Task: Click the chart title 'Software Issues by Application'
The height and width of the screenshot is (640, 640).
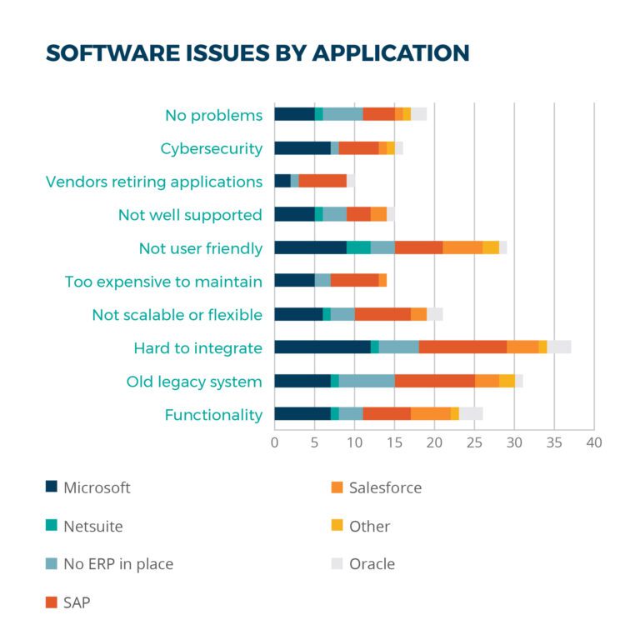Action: click(257, 52)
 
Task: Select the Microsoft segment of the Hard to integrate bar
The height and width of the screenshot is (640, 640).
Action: click(322, 347)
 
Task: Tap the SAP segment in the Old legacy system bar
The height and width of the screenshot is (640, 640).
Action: click(435, 381)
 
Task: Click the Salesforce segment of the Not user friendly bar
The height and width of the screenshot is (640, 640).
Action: click(462, 247)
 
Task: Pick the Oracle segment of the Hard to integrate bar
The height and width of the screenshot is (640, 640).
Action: click(559, 347)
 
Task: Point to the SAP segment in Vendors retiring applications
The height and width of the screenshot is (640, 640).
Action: click(322, 181)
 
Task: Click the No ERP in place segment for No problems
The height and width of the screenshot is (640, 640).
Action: click(342, 114)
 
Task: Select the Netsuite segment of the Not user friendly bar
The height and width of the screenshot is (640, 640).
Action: click(358, 247)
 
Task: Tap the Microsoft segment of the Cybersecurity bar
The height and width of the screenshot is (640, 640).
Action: click(302, 147)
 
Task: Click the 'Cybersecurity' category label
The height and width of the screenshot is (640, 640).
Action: click(211, 148)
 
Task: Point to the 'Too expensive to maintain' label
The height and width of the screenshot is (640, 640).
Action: click(163, 282)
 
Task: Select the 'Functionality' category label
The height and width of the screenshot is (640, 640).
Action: click(213, 415)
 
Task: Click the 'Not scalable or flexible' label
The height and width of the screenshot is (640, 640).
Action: click(177, 315)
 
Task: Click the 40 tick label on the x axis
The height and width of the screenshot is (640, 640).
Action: click(593, 442)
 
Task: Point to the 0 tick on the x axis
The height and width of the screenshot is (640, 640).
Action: click(275, 442)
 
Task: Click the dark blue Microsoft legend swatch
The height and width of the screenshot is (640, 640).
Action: click(52, 487)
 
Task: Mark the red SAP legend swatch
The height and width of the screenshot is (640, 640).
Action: click(52, 602)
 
